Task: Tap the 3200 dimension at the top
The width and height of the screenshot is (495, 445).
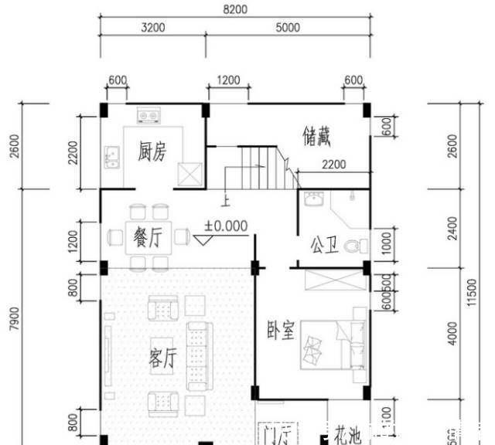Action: pyautogui.click(x=152, y=28)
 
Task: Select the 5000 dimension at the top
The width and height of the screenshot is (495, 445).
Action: pyautogui.click(x=287, y=28)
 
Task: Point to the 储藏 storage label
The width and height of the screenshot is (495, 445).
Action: pyautogui.click(x=316, y=138)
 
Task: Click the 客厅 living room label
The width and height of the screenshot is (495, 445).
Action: pyautogui.click(x=162, y=358)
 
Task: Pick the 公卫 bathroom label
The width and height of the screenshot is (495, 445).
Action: pyautogui.click(x=324, y=247)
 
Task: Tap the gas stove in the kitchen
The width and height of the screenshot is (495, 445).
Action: pyautogui.click(x=148, y=117)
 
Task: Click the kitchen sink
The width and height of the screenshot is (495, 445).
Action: pyautogui.click(x=112, y=157)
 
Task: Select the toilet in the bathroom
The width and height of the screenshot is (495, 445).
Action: pyautogui.click(x=356, y=246)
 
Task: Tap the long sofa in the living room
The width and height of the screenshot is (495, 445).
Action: pyautogui.click(x=197, y=356)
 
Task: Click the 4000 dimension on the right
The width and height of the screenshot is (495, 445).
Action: pyautogui.click(x=452, y=334)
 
